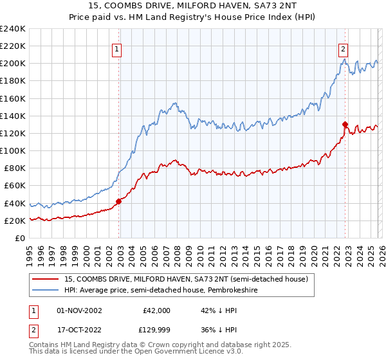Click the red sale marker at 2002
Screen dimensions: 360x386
[118, 201]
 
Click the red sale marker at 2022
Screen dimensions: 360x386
[345, 124]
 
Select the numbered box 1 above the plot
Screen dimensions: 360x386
[117, 48]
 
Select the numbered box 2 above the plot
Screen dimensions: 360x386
[344, 48]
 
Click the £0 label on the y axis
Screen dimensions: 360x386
[19, 238]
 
